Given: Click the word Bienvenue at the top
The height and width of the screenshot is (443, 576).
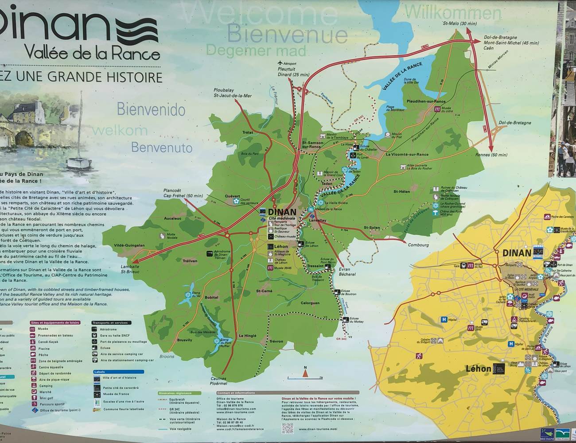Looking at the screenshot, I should (287, 34).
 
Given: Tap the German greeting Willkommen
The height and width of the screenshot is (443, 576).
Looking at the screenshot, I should (452, 12).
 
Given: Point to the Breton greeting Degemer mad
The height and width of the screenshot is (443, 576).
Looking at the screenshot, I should (256, 51).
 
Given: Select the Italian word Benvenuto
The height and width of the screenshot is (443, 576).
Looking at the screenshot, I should (162, 147).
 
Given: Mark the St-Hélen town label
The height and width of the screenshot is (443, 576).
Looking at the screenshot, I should (401, 191).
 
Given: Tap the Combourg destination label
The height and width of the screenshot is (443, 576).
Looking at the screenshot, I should (418, 245).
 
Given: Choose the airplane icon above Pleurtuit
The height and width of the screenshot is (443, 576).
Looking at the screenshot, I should (279, 63).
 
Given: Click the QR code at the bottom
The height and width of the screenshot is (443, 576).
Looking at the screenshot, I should (288, 428).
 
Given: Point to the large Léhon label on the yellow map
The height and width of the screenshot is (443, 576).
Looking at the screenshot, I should (479, 369).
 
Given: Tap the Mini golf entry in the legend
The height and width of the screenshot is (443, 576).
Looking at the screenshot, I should (46, 398).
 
